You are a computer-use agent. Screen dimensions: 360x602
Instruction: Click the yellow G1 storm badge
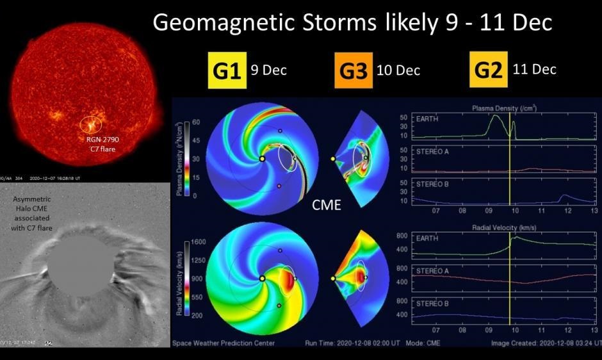point(227,70)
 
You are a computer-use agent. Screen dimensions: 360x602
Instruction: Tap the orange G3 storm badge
point(353,70)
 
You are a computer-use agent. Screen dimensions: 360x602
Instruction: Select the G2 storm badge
point(488,69)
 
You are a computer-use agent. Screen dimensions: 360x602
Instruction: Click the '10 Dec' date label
point(399,70)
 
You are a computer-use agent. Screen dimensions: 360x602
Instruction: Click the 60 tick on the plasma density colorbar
point(197,122)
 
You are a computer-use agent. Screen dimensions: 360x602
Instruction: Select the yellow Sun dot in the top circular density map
point(262,159)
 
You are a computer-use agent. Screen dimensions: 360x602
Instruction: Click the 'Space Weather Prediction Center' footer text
point(224,343)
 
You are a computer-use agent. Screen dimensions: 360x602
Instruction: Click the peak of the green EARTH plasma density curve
point(494,116)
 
